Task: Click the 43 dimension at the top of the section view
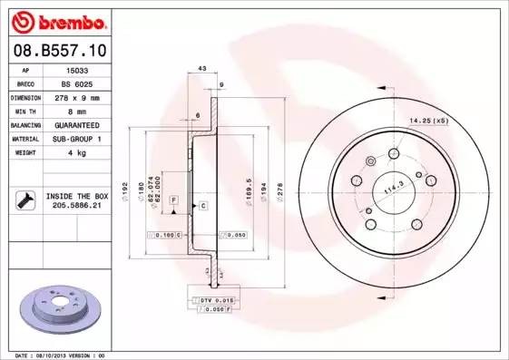point(201,69)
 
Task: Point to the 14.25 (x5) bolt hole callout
point(429,121)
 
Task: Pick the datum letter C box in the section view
point(203,207)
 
